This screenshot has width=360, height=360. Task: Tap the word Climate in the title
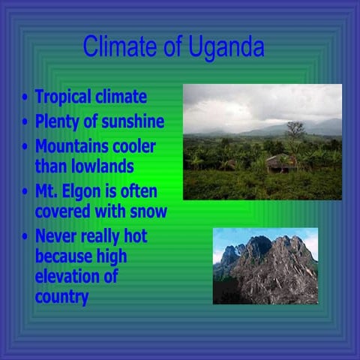pos(121,47)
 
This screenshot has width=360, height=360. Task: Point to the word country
pos(61,297)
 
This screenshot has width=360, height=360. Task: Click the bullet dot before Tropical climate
pos(26,98)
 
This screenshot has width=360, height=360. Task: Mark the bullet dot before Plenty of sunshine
pos(26,121)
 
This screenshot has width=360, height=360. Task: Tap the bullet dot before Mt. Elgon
pos(26,191)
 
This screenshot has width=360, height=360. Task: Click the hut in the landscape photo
pos(278,162)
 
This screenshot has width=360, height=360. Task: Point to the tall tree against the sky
pos(295,130)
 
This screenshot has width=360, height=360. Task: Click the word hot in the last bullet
pos(135,237)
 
